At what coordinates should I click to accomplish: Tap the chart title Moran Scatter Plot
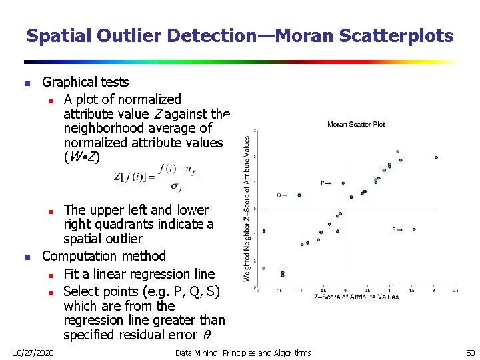point(356,124)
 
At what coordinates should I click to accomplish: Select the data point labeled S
point(414,229)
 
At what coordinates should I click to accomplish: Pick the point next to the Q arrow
point(299,195)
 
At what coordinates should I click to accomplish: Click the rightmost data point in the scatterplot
point(436,158)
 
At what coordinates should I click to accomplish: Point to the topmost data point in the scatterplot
point(397,152)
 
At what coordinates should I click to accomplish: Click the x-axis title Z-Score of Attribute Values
point(356,297)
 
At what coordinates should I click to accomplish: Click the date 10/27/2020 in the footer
point(33,352)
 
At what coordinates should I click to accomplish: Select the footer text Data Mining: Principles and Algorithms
point(243,352)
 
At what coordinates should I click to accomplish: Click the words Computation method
point(103,256)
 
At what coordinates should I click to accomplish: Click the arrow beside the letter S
point(398,229)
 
